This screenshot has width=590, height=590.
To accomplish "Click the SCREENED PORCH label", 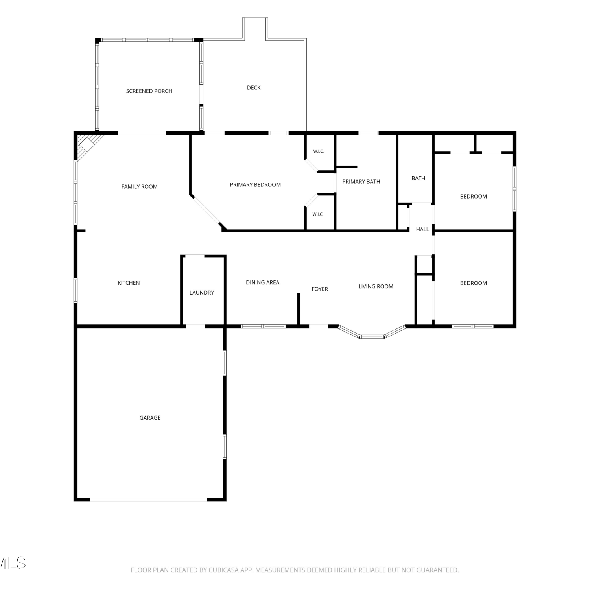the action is [x=149, y=91].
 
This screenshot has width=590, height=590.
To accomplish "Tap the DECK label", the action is [x=254, y=87].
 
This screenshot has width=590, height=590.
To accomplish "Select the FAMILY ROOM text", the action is [x=139, y=186].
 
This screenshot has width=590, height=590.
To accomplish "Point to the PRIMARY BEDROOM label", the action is [x=255, y=184].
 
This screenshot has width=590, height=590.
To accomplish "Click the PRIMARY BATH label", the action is [x=361, y=181].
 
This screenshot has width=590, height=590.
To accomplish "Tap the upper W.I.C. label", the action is [x=318, y=151].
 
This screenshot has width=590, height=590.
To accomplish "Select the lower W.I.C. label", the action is [x=318, y=214].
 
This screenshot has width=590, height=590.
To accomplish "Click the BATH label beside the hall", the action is [x=418, y=178].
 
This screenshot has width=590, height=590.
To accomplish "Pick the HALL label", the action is [x=422, y=229].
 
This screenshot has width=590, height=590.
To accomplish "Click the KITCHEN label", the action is [x=129, y=283].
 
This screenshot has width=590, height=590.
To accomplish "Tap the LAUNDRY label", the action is [x=202, y=293].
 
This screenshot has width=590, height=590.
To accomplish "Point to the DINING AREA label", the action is [x=262, y=282].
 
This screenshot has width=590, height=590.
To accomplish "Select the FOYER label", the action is [x=320, y=289].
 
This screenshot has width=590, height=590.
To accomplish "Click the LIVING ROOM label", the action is [x=376, y=286].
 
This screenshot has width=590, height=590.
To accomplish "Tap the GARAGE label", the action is [x=150, y=418].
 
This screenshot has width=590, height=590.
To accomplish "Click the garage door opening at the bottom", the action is [x=149, y=500].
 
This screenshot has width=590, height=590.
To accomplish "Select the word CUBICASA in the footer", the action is [x=224, y=570].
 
